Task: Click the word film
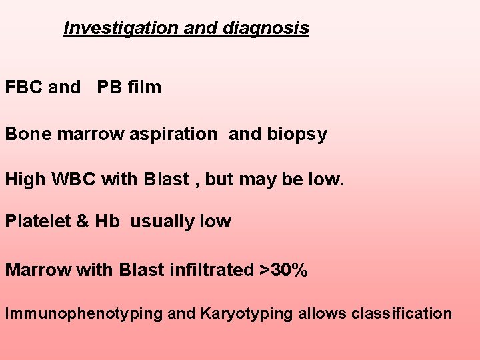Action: click(x=144, y=87)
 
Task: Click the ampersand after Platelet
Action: click(x=81, y=222)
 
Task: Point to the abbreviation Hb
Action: click(x=107, y=222)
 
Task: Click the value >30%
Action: click(x=284, y=270)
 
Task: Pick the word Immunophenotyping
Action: click(x=84, y=313)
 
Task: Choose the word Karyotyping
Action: click(x=244, y=313)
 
